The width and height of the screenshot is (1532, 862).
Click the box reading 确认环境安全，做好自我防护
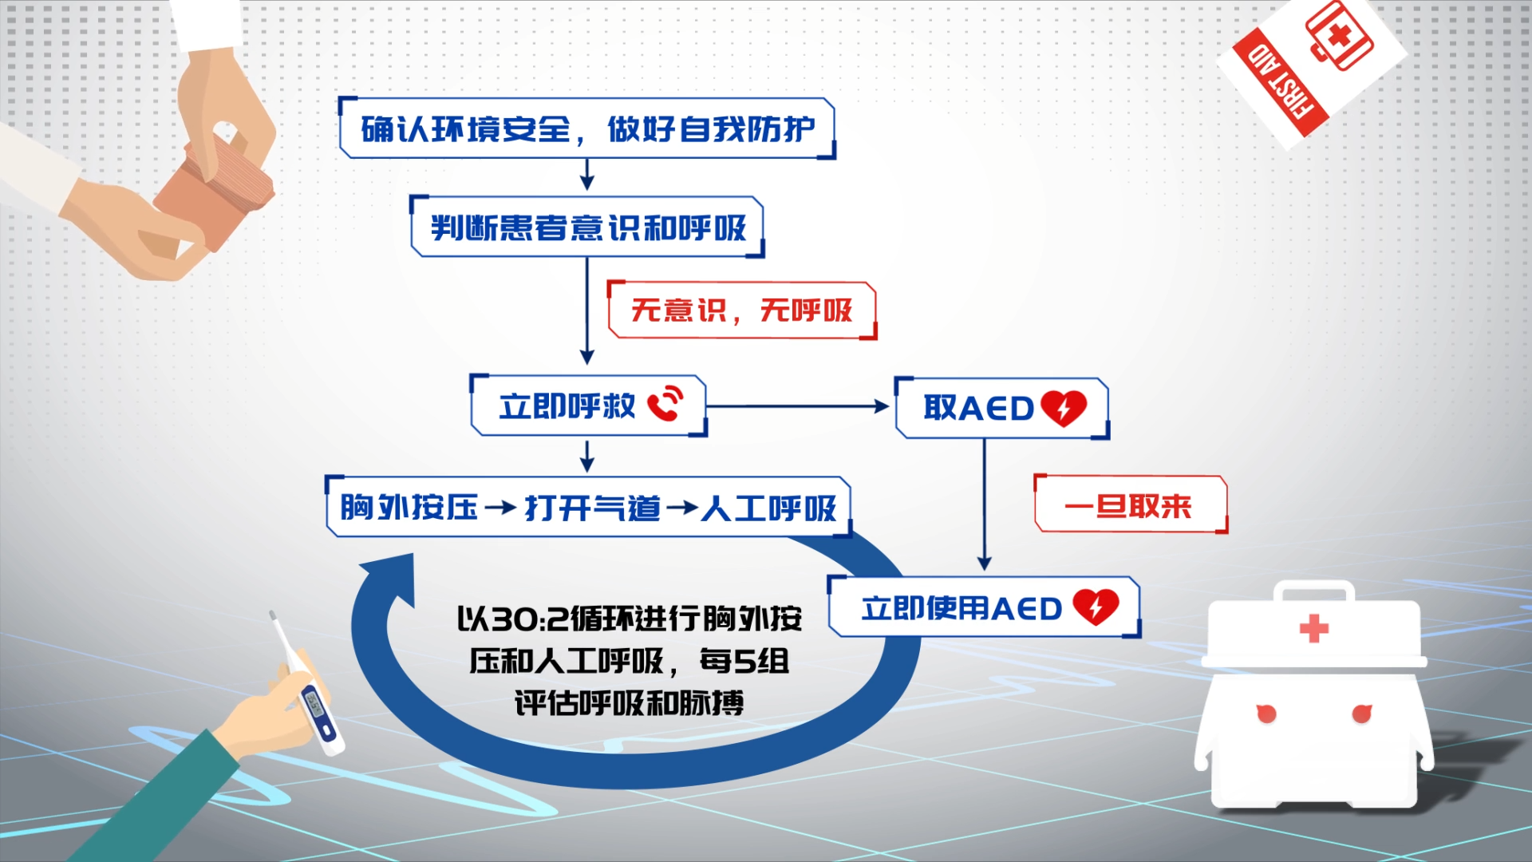tap(587, 129)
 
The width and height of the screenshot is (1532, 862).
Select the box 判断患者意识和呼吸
tap(587, 227)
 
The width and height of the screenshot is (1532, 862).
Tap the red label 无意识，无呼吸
tap(741, 310)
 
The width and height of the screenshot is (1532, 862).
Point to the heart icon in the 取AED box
tap(1063, 407)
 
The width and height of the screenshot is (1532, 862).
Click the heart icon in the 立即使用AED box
tap(1096, 607)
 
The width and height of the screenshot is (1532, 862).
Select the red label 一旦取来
tap(1128, 505)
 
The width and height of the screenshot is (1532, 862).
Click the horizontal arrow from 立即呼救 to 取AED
tap(798, 406)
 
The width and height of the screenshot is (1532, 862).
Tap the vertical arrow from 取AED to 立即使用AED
tap(984, 503)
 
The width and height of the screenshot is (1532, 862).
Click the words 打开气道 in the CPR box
tap(592, 508)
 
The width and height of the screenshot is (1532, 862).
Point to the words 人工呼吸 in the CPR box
tap(768, 508)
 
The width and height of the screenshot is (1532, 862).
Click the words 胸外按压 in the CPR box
tap(409, 508)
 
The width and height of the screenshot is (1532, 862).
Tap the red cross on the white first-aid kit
tap(1313, 628)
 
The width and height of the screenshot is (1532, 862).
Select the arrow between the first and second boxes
tap(587, 175)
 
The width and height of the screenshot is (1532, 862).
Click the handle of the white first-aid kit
tap(1313, 591)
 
